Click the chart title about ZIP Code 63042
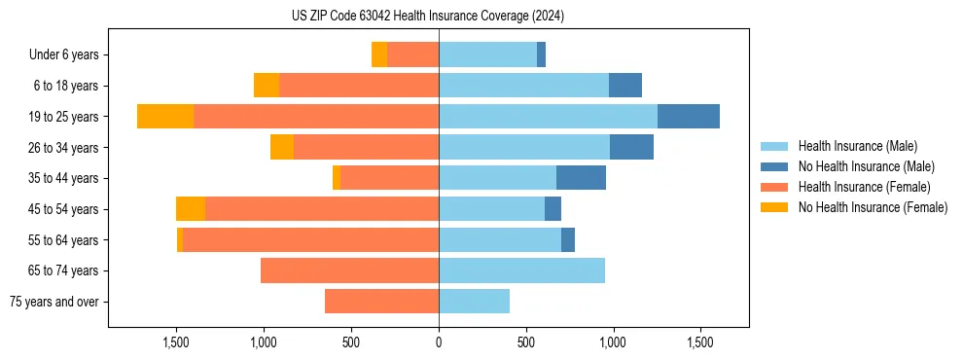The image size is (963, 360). (x=428, y=16)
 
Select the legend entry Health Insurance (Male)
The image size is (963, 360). (x=856, y=146)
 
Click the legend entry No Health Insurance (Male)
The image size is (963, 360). (x=865, y=166)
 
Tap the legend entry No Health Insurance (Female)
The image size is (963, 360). (x=873, y=207)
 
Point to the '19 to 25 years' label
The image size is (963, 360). (x=62, y=117)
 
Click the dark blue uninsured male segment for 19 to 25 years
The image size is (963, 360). (x=689, y=117)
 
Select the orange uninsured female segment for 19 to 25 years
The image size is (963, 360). (x=165, y=117)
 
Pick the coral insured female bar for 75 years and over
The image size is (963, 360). (x=381, y=302)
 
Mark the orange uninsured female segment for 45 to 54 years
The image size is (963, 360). (x=191, y=209)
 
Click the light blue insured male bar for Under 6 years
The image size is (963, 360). (x=487, y=54)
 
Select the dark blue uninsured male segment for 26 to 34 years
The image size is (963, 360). (x=631, y=147)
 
